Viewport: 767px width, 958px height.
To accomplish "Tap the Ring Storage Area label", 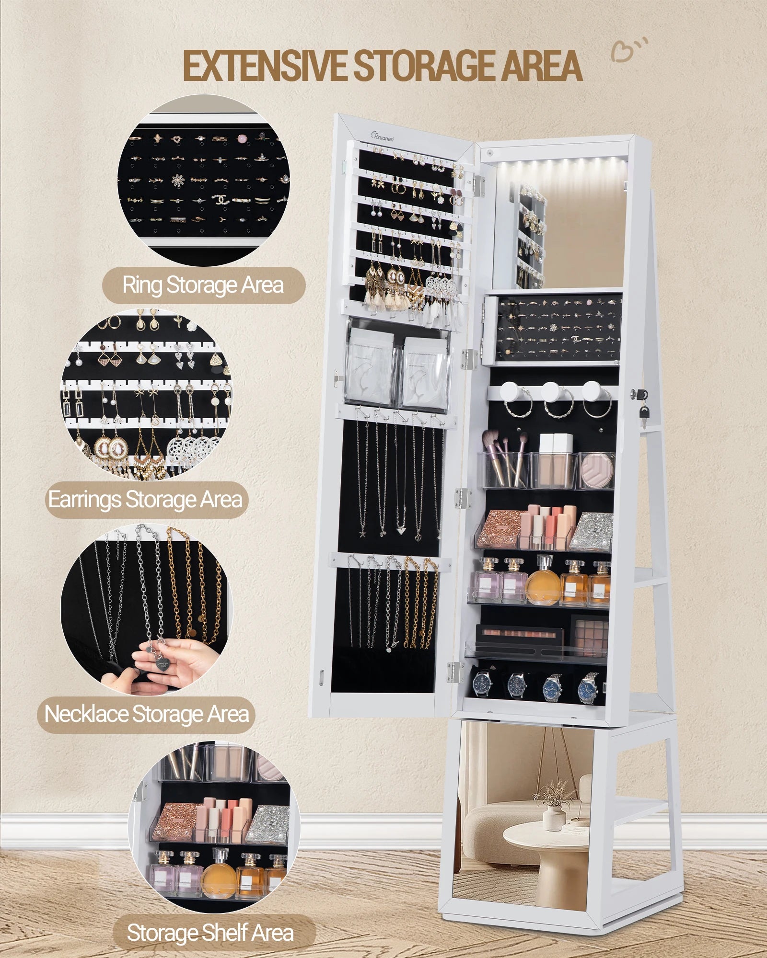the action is coord(203,285).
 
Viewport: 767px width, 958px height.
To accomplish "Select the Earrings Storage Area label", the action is coord(146,500).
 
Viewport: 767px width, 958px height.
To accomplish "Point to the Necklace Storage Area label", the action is coord(147,714).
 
